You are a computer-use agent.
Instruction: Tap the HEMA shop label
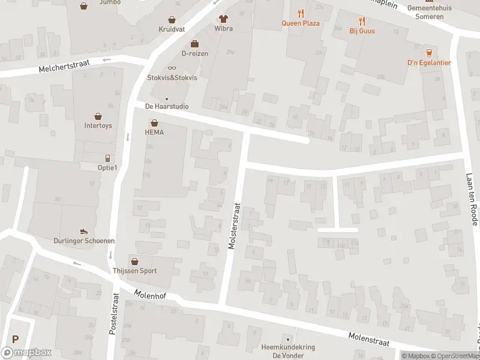[154, 132]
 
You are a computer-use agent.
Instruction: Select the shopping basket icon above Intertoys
[98, 116]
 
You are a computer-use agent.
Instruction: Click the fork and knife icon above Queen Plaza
[301, 13]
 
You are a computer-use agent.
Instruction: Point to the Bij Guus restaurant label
[362, 31]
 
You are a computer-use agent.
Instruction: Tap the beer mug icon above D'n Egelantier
[429, 52]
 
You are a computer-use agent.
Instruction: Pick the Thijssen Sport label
[134, 271]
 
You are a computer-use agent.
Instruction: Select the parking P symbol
[16, 338]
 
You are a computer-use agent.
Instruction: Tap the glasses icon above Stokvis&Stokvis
[172, 68]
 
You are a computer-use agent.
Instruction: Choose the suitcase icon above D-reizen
[194, 43]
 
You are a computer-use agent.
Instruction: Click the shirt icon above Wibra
[223, 19]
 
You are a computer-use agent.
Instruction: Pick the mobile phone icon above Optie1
[108, 158]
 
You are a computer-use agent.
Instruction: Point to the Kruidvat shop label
[172, 29]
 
